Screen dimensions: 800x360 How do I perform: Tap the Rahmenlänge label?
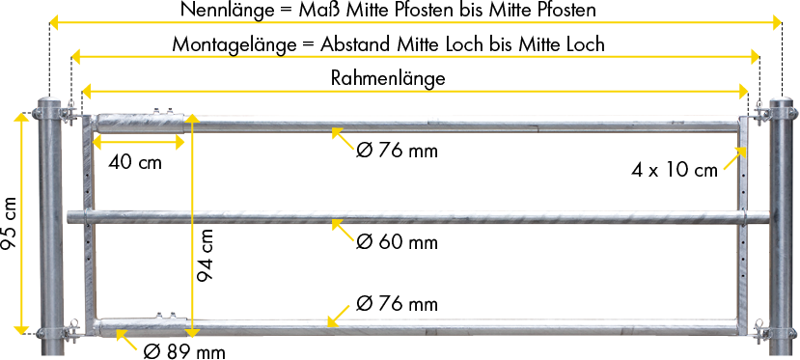[388, 78]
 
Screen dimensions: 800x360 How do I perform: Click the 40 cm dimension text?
[135, 162]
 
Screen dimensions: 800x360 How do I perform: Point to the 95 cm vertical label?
[10, 224]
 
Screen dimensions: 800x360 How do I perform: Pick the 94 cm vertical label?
[205, 256]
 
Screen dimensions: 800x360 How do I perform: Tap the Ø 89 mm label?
[184, 351]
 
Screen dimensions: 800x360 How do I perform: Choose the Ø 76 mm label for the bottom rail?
[397, 304]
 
